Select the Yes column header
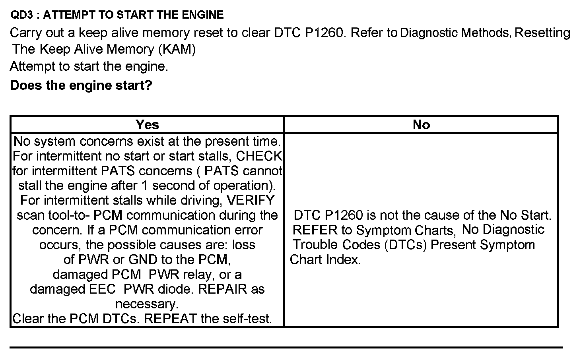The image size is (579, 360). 147,125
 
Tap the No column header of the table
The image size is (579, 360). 421,125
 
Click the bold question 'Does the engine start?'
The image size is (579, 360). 81,85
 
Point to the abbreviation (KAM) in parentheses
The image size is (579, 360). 177,49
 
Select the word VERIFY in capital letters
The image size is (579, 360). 250,200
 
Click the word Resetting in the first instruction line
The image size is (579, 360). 542,33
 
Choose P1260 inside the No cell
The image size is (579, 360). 344,215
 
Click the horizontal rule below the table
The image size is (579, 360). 286,347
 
